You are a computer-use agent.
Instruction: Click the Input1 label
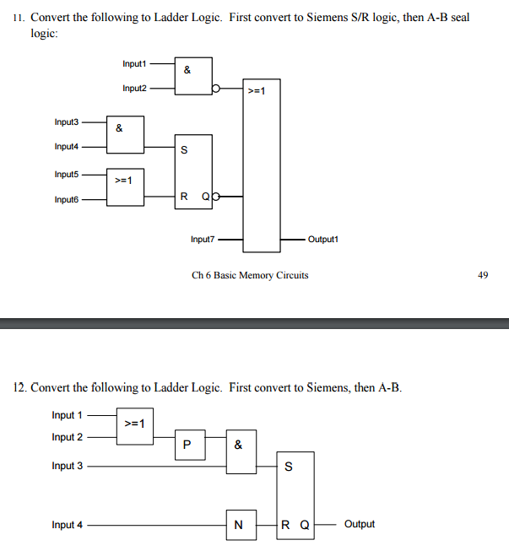(x=134, y=64)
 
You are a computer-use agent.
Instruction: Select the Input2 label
(x=134, y=88)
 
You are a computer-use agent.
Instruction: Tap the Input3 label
(x=67, y=122)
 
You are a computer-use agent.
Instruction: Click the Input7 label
(x=203, y=240)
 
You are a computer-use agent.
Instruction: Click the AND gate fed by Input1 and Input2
(x=193, y=76)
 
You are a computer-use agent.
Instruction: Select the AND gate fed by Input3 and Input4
(x=125, y=135)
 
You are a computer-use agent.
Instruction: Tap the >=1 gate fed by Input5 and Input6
(x=125, y=186)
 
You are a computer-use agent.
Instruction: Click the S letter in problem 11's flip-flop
(x=184, y=151)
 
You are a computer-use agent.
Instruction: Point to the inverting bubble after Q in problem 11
(x=217, y=199)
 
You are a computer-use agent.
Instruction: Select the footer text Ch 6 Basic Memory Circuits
(x=250, y=275)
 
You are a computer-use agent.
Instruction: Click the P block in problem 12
(x=187, y=445)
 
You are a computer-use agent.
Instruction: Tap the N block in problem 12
(x=239, y=525)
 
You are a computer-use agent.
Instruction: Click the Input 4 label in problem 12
(x=68, y=525)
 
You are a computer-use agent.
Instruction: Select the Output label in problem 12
(x=360, y=524)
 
